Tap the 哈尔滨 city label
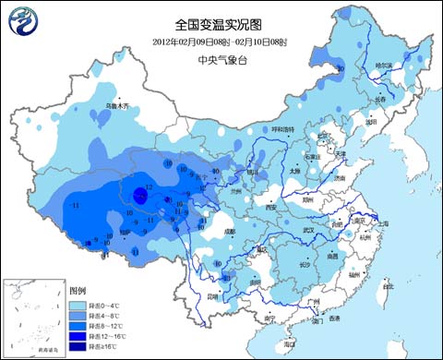pos(383,66)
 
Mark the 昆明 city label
pos(213,296)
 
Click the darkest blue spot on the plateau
pos(138,195)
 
